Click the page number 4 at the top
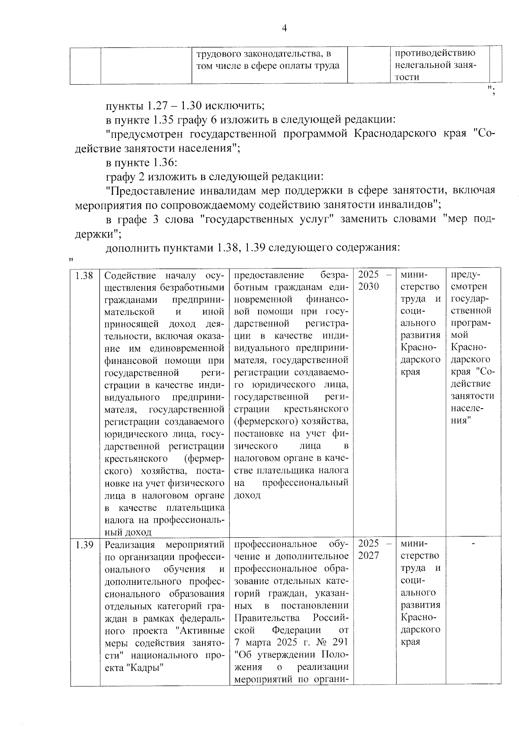[284, 29]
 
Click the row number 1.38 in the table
[84, 276]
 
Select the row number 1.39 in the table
[84, 545]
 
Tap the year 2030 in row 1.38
[368, 287]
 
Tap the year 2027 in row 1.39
[368, 555]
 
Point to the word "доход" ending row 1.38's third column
[247, 495]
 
